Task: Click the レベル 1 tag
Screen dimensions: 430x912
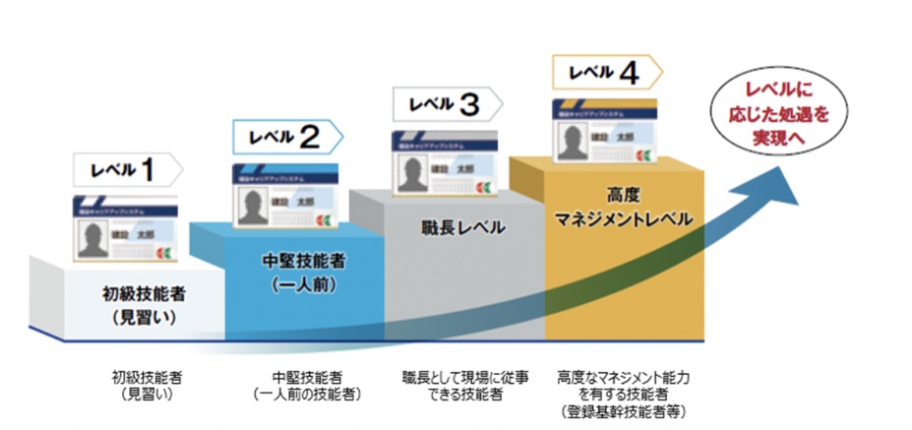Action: pyautogui.click(x=126, y=168)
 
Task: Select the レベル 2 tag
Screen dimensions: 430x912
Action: pyautogui.click(x=285, y=137)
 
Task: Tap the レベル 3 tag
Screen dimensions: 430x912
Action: pyautogui.click(x=445, y=103)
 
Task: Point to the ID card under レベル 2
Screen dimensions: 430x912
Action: pyautogui.click(x=285, y=196)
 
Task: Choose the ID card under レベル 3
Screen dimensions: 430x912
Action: pyautogui.click(x=443, y=160)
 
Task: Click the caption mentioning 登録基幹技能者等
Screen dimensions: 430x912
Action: pyautogui.click(x=617, y=394)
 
